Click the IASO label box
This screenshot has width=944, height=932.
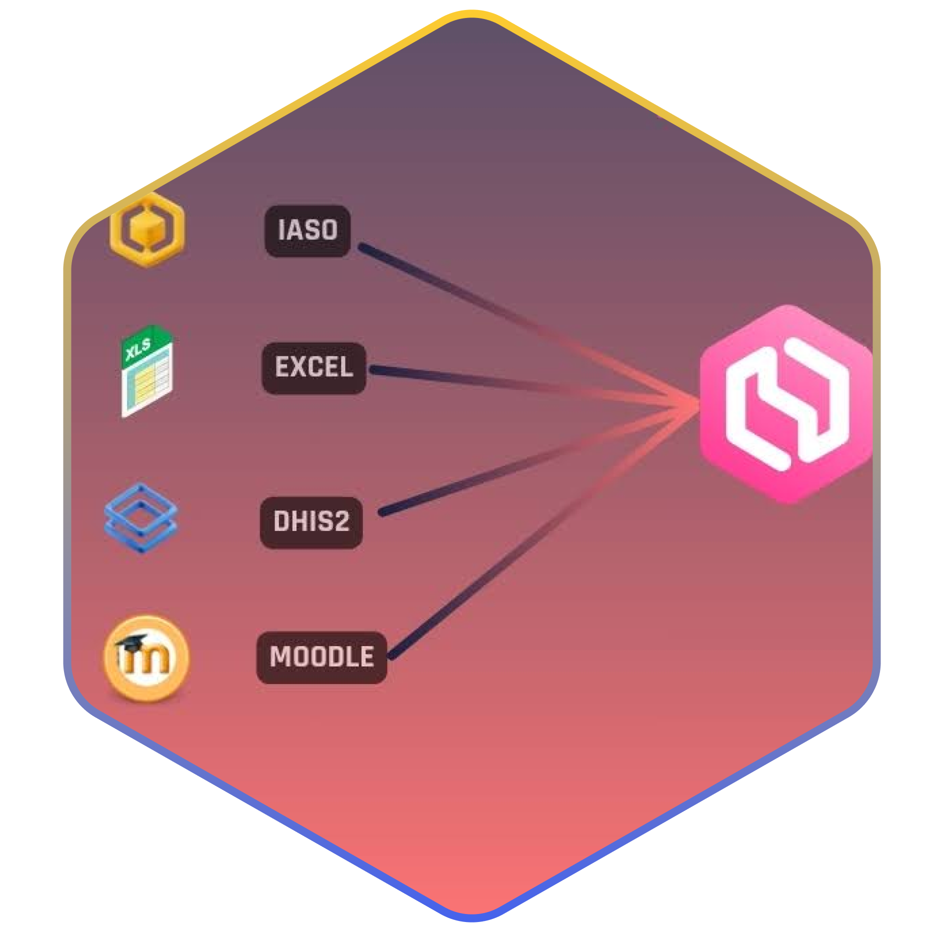tap(307, 231)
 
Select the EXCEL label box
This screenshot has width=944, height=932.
tap(314, 368)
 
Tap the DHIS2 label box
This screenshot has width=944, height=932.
tap(311, 522)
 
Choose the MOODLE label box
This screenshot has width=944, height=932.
tap(321, 657)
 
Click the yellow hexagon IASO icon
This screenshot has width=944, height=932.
tap(147, 230)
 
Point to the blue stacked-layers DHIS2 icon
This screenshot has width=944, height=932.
tap(141, 518)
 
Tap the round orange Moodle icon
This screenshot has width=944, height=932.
tap(146, 657)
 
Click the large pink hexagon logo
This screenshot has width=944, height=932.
tap(786, 404)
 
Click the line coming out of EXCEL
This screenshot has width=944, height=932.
tap(500, 384)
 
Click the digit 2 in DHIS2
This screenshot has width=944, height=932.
tap(340, 522)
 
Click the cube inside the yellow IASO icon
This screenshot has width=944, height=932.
tap(147, 229)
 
